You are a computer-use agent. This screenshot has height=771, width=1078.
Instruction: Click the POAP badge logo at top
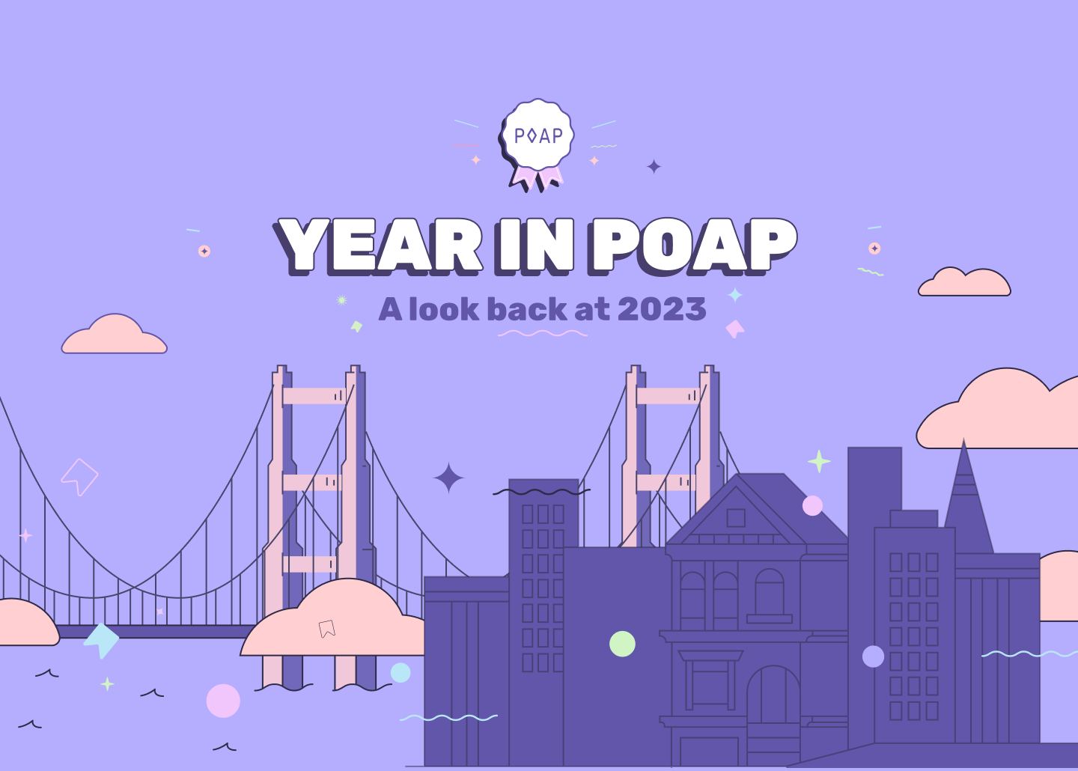coord(537,138)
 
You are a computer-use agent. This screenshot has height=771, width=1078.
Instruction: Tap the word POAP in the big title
coord(692,246)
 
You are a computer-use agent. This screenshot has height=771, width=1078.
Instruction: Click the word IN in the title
coord(535,246)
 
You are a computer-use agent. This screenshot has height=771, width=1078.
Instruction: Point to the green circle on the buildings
coord(622,644)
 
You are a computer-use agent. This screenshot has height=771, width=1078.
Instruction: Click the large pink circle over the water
coord(223,701)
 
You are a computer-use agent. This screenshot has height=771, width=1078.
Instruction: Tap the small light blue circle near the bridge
coord(401,672)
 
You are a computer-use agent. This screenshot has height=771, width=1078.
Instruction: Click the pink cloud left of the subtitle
coord(114,336)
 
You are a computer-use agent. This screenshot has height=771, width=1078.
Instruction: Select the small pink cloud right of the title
coord(964,283)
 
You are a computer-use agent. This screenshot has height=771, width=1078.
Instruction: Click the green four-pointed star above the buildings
coord(819,461)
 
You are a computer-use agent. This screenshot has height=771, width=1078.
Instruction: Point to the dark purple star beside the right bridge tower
coord(449,478)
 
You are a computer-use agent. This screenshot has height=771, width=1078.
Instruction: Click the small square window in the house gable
coord(736,517)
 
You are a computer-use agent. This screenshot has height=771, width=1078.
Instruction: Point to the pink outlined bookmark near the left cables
coord(79,476)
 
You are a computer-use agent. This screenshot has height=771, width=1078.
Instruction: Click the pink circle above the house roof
coord(812,505)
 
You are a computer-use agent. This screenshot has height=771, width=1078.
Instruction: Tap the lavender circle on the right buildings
coord(873,656)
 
